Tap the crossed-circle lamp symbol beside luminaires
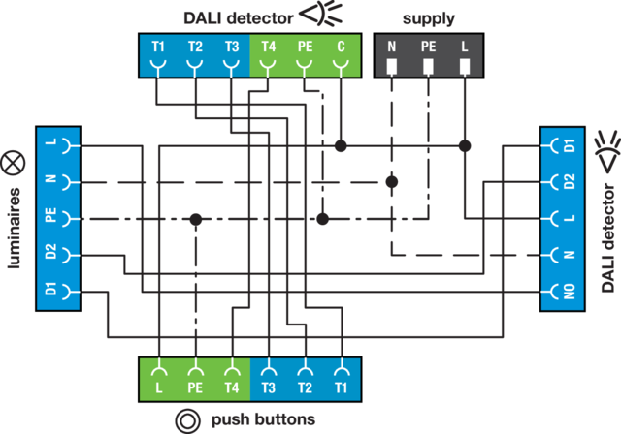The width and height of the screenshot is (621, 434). coord(14,161)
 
